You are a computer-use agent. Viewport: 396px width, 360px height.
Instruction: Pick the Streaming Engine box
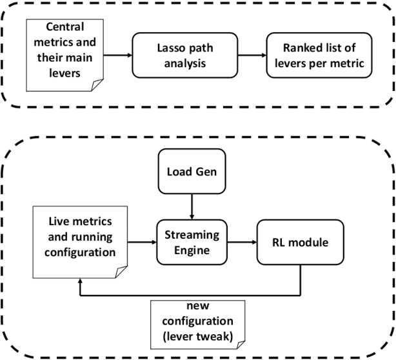(192, 243)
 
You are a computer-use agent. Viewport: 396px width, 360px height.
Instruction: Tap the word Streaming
(192, 235)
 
